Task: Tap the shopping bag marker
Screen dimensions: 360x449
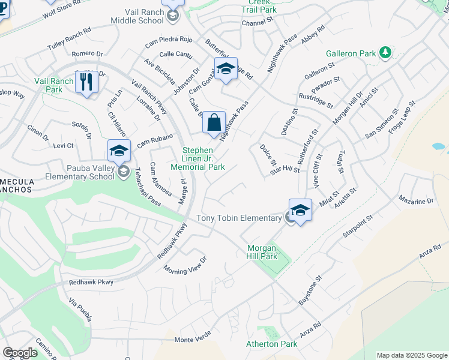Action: (x=214, y=123)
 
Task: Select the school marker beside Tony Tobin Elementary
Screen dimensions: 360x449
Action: (x=300, y=210)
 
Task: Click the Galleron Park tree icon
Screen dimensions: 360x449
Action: (x=385, y=53)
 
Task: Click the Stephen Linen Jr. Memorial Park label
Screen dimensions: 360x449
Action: (x=199, y=158)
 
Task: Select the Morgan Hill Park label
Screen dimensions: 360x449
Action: (x=262, y=252)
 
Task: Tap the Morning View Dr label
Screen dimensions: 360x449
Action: (x=185, y=264)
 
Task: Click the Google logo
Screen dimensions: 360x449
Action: (x=20, y=353)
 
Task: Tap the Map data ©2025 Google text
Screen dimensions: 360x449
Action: (x=411, y=355)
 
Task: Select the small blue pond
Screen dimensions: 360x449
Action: (x=438, y=146)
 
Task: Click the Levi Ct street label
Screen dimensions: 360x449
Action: (x=63, y=146)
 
